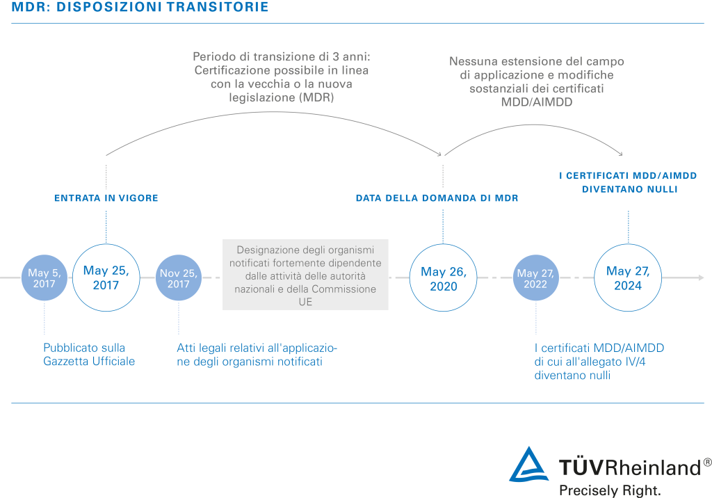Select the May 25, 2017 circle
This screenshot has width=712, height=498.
106,278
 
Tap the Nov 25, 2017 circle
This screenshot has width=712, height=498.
179,278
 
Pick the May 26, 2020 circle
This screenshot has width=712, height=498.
443,278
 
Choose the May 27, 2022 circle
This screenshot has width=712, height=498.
536,278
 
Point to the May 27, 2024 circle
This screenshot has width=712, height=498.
628,278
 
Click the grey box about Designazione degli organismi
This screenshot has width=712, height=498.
305,274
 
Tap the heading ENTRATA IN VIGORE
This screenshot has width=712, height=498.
106,198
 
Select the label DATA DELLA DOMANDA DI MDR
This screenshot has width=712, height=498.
437,198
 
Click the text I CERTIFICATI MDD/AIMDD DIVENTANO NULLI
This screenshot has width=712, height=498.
629,182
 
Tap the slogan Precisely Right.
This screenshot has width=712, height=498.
609,490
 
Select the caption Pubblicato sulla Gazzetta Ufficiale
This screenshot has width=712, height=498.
89,355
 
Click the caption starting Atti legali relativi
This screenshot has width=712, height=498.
257,355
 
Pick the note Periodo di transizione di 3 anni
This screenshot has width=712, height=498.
282,77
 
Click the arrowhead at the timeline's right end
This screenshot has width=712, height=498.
701,278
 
